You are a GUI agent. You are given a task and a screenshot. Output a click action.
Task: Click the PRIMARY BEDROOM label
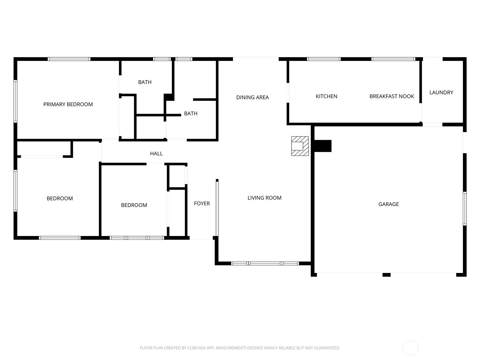[x=68, y=104]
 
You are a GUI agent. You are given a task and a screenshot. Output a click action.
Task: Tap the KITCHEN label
[x=326, y=96]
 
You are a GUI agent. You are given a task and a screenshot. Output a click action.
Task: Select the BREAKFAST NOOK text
[x=392, y=96]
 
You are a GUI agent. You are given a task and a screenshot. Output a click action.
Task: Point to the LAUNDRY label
[x=441, y=92]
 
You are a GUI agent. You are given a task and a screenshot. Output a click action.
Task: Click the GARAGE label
[x=388, y=204]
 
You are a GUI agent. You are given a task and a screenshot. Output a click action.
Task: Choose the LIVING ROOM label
[x=264, y=198]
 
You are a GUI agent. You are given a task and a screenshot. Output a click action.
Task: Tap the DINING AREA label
[x=252, y=97]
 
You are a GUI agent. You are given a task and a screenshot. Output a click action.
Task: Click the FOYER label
[x=202, y=203]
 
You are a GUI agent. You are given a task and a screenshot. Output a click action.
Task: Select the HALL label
[x=156, y=153]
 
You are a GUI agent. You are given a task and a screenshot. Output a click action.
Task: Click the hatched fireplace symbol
[x=300, y=146]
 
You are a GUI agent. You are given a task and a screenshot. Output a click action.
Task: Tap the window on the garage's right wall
[x=464, y=208]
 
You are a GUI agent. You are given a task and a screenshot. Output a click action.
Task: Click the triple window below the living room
[x=265, y=263]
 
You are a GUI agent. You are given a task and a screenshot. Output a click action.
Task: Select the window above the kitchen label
[x=324, y=59]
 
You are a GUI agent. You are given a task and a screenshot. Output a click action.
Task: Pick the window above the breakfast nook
[x=393, y=59]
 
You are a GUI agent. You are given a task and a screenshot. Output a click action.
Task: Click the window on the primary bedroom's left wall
[x=15, y=101]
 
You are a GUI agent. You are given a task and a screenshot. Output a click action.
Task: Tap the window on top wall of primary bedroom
[x=69, y=59]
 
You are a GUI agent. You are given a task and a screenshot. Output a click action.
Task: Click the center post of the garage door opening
[x=386, y=275]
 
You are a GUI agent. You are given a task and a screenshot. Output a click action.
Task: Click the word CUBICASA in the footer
[x=196, y=348]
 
